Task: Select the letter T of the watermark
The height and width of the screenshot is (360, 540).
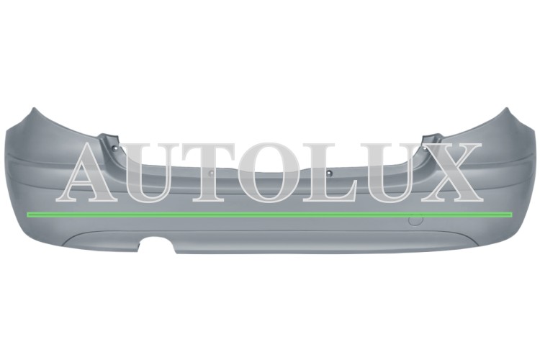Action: pos(211,172)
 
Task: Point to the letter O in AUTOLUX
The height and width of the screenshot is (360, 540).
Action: pos(270,172)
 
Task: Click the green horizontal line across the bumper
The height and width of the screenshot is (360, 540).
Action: pos(270,215)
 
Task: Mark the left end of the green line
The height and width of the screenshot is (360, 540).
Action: pos(27,215)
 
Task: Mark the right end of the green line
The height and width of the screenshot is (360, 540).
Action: pos(512,215)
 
